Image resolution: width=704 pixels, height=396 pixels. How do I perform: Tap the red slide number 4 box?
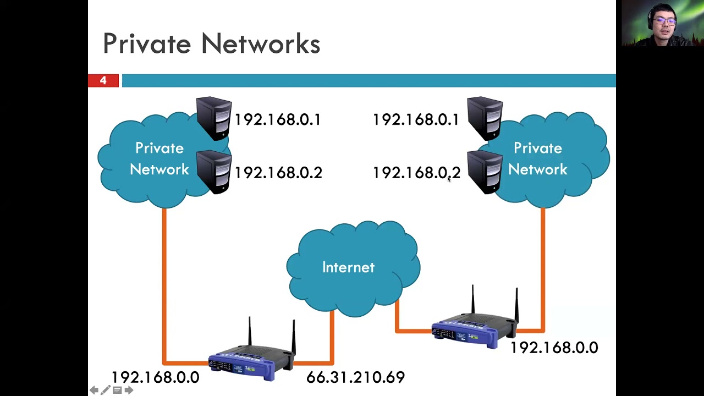point(103,81)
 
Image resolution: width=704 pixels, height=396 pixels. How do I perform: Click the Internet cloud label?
point(348,267)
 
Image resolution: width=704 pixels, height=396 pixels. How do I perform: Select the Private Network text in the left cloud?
point(159,159)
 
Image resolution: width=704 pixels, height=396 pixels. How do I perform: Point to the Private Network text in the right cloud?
point(537,159)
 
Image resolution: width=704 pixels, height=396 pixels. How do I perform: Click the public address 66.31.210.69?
point(355,377)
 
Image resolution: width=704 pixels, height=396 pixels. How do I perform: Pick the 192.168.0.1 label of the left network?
point(278,120)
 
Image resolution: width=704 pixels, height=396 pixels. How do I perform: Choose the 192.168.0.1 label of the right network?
point(416,120)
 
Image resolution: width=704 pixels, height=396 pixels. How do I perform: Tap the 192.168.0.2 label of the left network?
point(278,173)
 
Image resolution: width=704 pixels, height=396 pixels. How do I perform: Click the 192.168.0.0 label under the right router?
point(554,348)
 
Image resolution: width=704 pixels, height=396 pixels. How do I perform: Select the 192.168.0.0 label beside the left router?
point(155,377)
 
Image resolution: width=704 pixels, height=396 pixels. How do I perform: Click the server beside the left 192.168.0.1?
point(214,118)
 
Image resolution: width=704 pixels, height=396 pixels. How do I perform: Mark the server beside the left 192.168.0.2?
point(214,171)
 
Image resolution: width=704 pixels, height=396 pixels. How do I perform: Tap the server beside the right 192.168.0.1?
point(485,118)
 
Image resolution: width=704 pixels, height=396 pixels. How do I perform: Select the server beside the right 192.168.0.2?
point(485,171)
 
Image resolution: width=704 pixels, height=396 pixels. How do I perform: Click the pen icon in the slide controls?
point(106,390)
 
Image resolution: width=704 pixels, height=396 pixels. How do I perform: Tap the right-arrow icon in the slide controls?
point(129,390)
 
